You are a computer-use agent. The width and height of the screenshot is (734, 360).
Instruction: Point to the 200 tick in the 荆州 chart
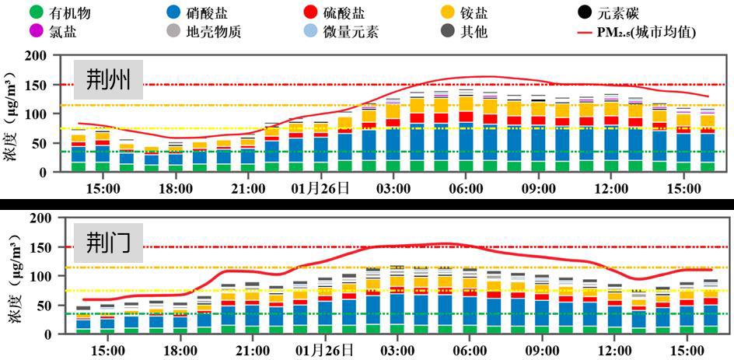[x=35, y=56]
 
